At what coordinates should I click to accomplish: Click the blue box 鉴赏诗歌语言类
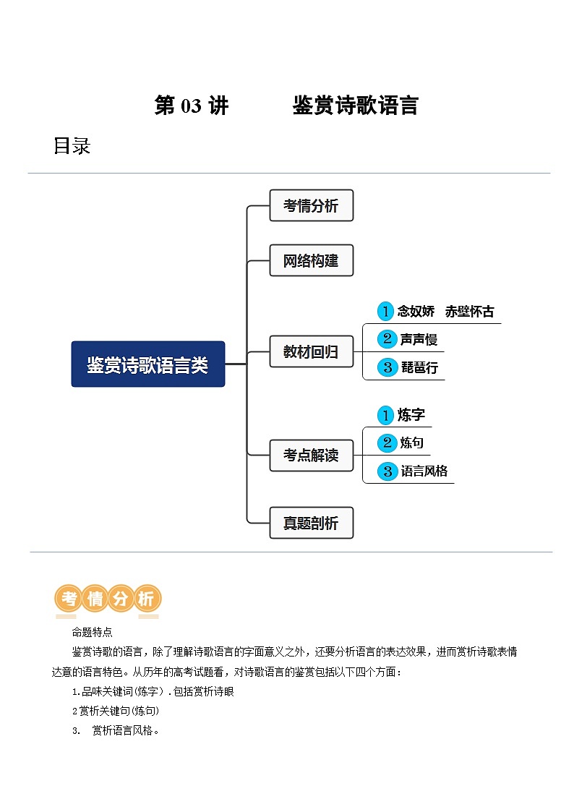pyautogui.click(x=147, y=364)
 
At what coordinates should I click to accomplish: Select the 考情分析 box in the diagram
pyautogui.click(x=311, y=205)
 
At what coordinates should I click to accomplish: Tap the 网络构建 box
pyautogui.click(x=311, y=260)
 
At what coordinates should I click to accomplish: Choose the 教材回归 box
pyautogui.click(x=311, y=352)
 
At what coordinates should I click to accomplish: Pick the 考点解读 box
pyautogui.click(x=311, y=456)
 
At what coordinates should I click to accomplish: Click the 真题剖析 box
pyautogui.click(x=311, y=523)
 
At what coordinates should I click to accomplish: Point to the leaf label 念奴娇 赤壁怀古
pyautogui.click(x=446, y=312)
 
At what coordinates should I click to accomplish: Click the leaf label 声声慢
pyautogui.click(x=419, y=339)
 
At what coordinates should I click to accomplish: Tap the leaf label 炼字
pyautogui.click(x=411, y=415)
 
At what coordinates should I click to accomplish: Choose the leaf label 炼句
pyautogui.click(x=411, y=443)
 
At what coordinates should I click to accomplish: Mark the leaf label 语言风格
pyautogui.click(x=424, y=471)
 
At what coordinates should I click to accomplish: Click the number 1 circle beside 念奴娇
pyautogui.click(x=386, y=312)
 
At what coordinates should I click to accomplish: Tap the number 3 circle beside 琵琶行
pyautogui.click(x=387, y=367)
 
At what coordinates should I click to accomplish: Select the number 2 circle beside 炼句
pyautogui.click(x=387, y=443)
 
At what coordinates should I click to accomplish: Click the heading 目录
pyautogui.click(x=72, y=146)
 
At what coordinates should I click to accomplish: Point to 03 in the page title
pyautogui.click(x=191, y=106)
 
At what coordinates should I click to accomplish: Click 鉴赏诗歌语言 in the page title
pyautogui.click(x=355, y=106)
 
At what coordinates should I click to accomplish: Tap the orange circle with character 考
pyautogui.click(x=69, y=599)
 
